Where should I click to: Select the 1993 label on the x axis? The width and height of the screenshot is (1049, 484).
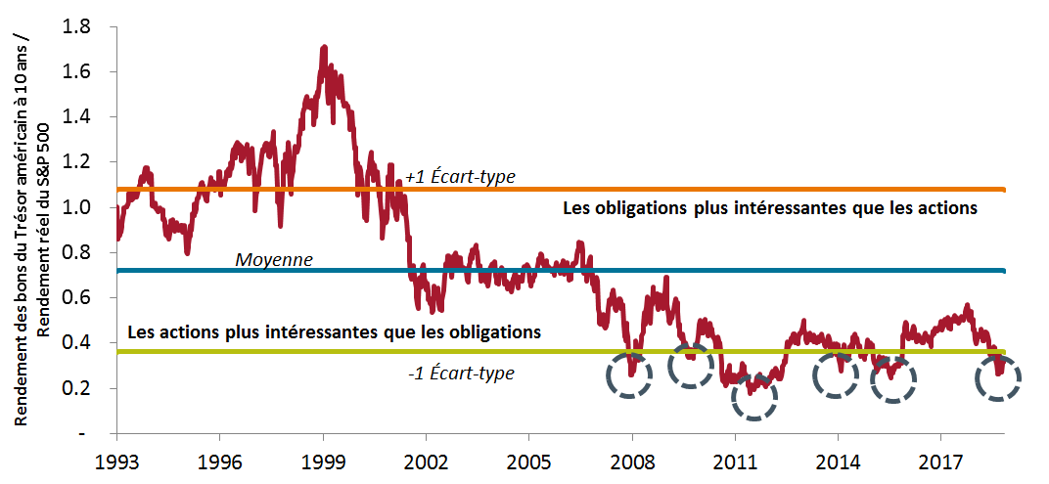(x=117, y=459)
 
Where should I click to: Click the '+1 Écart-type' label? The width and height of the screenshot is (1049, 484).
(x=460, y=177)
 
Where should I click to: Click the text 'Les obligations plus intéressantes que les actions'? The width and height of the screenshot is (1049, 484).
(x=770, y=208)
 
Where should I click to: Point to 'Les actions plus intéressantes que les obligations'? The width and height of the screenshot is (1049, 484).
(x=335, y=331)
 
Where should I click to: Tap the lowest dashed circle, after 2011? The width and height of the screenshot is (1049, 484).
(x=753, y=396)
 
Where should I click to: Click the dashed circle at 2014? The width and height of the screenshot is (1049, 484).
(x=838, y=374)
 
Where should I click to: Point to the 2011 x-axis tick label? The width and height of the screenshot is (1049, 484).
(x=734, y=459)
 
